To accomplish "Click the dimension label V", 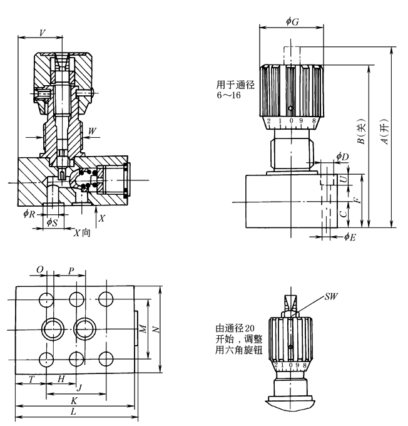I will click(x=42, y=32).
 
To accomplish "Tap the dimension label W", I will click(x=93, y=132).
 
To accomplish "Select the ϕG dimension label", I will click(x=292, y=22).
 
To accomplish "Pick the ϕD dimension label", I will click(x=342, y=156).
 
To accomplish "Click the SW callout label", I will click(x=331, y=294).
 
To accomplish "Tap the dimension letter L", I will click(x=74, y=412).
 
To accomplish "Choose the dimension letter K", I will click(x=74, y=400).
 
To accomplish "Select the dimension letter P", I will click(x=71, y=270).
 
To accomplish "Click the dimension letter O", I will click(x=40, y=270).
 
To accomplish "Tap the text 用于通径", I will click(x=235, y=85).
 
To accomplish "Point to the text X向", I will click(x=81, y=232).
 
